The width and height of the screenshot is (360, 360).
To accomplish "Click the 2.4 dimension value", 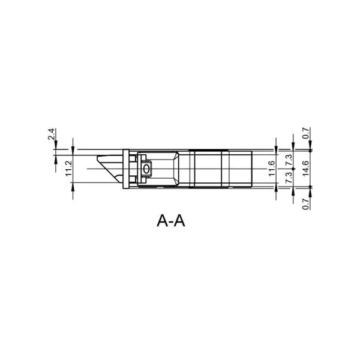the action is [x=52, y=134].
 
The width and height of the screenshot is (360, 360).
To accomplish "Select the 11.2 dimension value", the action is [x=69, y=169].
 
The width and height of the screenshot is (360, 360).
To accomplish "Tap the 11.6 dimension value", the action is [x=272, y=169].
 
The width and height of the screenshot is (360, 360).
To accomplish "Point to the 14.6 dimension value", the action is [x=306, y=169].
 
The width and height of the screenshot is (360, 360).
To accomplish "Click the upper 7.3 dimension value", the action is [x=289, y=160].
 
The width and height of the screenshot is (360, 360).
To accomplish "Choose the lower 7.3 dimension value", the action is [x=289, y=178].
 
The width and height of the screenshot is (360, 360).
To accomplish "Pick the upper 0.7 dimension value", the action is [x=306, y=133].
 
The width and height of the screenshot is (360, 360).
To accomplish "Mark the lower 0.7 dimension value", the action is [x=306, y=204].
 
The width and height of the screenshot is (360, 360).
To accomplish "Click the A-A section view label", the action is [x=171, y=221].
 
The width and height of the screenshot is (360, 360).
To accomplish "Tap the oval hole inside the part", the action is [x=146, y=169].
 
